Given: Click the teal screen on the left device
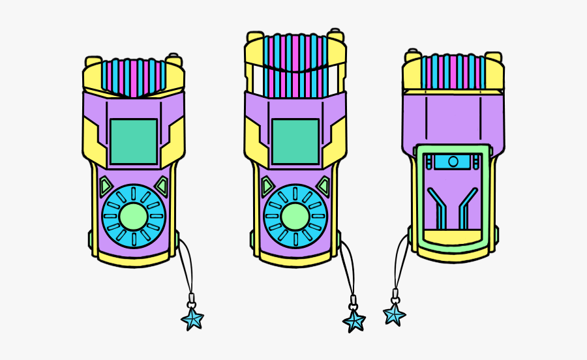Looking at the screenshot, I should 134,142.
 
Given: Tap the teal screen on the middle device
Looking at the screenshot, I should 295,142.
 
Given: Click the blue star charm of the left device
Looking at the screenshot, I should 192,319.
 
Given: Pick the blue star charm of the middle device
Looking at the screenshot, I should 354,321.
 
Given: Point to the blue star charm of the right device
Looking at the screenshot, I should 394,314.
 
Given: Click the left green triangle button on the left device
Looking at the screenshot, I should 106,187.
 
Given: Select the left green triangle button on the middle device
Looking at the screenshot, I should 267,187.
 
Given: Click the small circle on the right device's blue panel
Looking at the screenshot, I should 453,161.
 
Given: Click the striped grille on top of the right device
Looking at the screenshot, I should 453,72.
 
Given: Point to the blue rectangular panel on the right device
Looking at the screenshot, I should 453,161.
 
